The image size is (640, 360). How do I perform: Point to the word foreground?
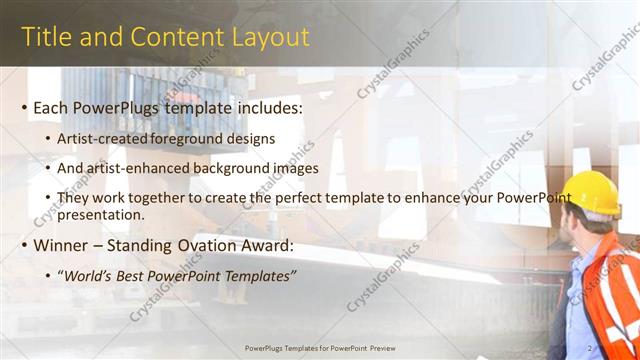point(187,138)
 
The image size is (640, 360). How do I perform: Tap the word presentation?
point(102,214)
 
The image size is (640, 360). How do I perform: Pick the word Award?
point(266,245)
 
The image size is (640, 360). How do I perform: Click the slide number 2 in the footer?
point(619,347)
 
